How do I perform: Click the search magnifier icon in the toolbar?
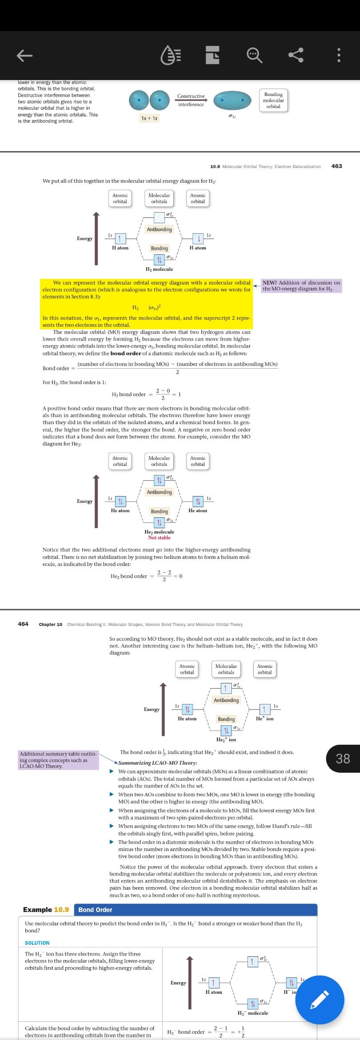point(255,55)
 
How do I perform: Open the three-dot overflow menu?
point(339,55)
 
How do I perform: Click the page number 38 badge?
point(343,758)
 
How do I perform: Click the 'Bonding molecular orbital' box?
point(273,100)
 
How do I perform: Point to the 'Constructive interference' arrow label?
point(191,100)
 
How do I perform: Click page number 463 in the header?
point(336,166)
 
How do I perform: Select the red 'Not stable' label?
point(159,538)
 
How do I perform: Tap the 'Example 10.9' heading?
point(46,910)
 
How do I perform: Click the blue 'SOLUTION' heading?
point(37,943)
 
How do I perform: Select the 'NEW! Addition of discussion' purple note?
point(301,285)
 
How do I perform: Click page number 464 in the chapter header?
point(23,624)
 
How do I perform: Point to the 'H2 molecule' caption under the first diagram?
point(159,269)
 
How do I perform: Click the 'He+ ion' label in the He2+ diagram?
point(265,719)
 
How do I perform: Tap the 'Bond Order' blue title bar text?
point(95,910)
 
